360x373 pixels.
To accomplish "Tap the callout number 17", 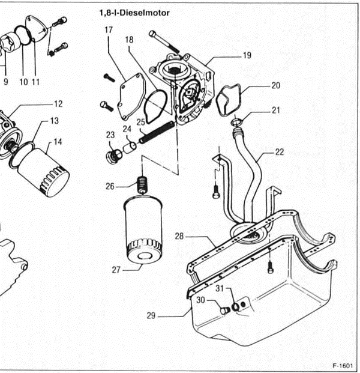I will point(109,30).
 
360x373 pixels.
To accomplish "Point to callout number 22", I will point(279,152).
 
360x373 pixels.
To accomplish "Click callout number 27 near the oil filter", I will point(116,270).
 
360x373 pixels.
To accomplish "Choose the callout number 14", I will point(57,142).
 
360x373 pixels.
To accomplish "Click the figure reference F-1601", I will point(343,365).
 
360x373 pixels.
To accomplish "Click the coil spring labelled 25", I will point(157,133).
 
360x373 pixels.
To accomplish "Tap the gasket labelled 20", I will point(229,100).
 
